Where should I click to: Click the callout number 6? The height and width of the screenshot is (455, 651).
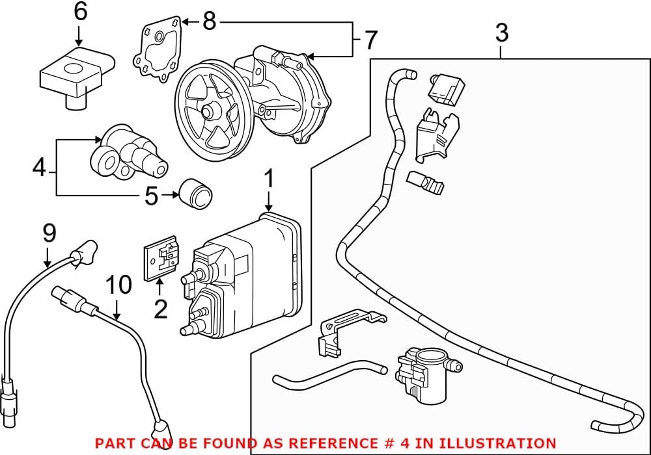(x=80, y=13)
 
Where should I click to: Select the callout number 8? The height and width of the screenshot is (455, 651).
(x=209, y=21)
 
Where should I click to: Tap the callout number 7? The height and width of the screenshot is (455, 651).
(x=370, y=40)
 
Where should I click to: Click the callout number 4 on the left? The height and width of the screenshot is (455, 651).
(x=40, y=168)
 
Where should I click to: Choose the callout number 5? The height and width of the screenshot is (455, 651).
(x=151, y=195)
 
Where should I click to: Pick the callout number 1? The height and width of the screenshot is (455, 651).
(x=270, y=180)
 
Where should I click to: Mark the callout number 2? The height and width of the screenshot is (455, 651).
(x=160, y=308)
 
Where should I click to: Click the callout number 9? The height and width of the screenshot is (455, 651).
(x=49, y=233)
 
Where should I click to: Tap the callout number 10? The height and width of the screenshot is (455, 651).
(x=118, y=284)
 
